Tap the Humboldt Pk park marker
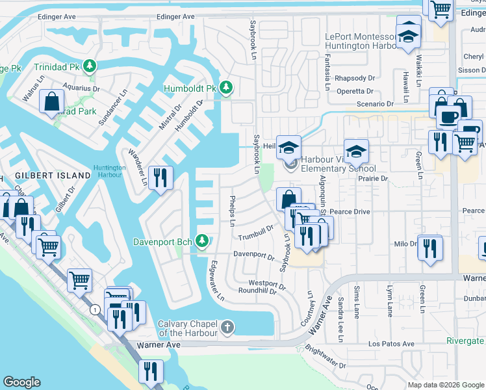point(225,88)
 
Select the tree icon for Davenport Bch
point(202,242)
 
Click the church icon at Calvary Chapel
point(227,328)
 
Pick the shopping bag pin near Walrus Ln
point(51,102)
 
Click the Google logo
point(22,382)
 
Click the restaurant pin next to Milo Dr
point(429,248)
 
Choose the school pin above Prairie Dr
point(356,151)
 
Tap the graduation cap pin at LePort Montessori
point(408,36)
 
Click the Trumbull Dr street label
point(255,233)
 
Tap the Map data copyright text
point(445,385)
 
